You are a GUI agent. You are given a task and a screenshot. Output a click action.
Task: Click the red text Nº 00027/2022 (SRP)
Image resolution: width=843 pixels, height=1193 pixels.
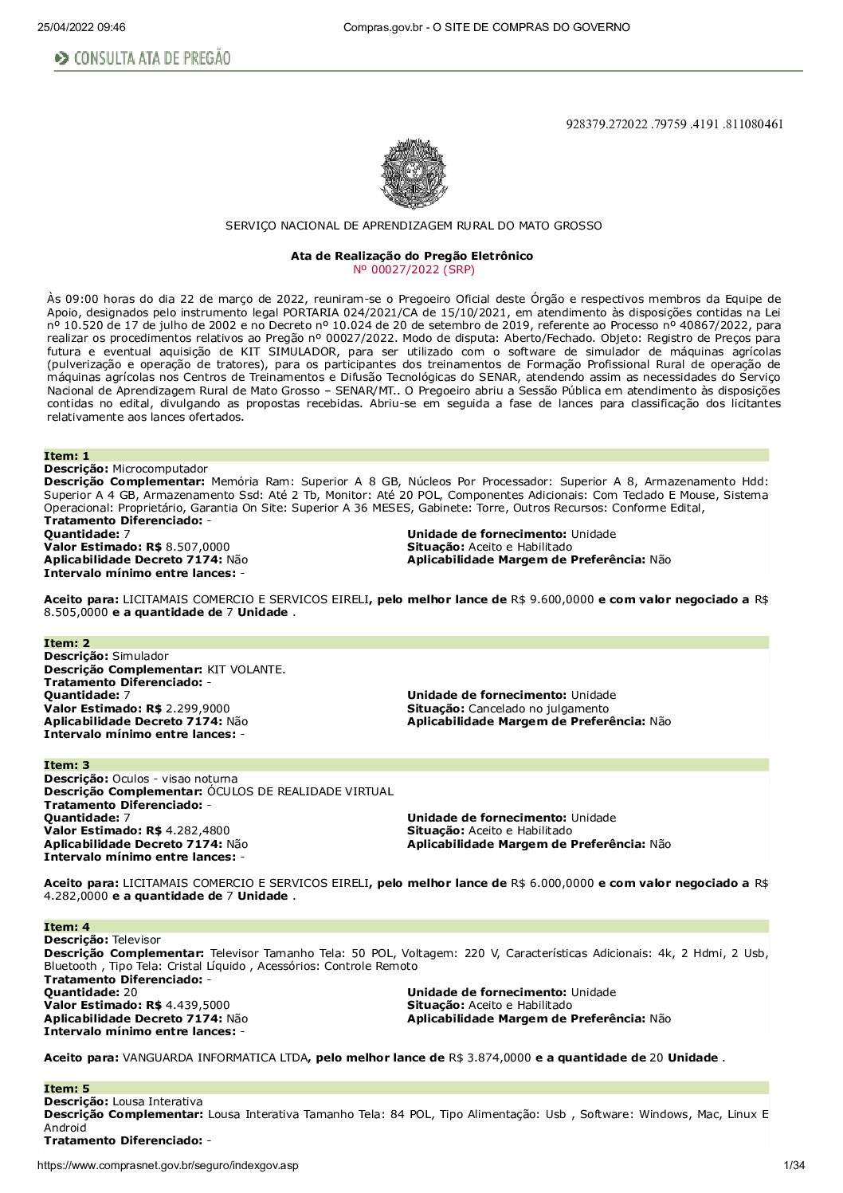(413, 269)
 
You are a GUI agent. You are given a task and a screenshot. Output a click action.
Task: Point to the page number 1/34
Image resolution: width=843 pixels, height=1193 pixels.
(794, 1166)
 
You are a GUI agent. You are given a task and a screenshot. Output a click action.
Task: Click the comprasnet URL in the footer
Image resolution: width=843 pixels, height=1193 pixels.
(167, 1166)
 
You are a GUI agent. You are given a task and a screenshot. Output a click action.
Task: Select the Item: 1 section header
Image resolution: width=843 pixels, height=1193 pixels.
(67, 456)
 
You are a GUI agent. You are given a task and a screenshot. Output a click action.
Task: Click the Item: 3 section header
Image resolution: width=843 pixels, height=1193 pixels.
(67, 765)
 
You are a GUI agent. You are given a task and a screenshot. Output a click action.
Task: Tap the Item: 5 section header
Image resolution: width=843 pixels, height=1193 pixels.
(67, 1089)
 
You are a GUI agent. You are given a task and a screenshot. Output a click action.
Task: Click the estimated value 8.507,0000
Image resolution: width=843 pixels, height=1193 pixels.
(198, 547)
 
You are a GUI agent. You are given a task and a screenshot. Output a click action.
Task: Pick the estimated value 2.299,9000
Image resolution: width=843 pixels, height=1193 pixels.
(198, 708)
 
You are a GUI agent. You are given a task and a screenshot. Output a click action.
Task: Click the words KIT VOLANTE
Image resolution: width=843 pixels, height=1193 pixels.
(246, 669)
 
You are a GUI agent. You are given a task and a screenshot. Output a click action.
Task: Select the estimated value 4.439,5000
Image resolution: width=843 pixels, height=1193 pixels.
(198, 1005)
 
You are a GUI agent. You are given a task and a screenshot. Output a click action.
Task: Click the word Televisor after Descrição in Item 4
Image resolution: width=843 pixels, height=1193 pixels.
(136, 940)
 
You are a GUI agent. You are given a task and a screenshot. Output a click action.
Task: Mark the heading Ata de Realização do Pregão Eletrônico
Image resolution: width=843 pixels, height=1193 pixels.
(412, 256)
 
